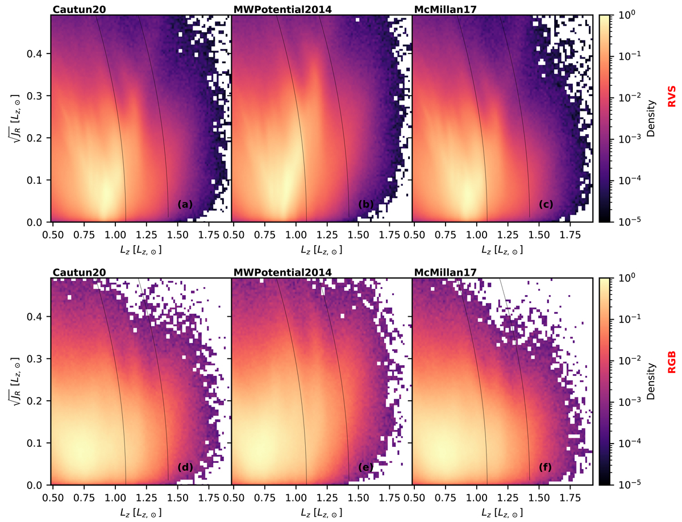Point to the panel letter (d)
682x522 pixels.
click(x=186, y=467)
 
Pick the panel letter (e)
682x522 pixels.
click(x=366, y=467)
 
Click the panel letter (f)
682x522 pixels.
click(x=546, y=467)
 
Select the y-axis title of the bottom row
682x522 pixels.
click(x=15, y=381)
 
